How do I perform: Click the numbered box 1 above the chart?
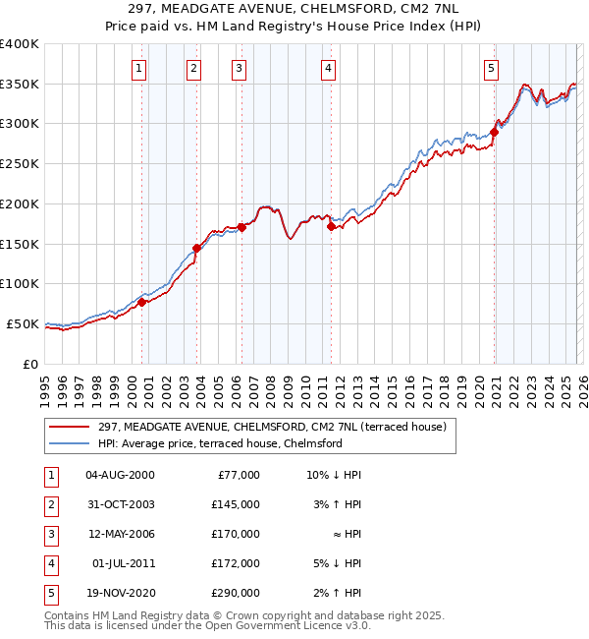pos(139,68)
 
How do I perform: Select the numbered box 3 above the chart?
pos(239,68)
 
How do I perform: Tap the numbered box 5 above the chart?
pos(491,68)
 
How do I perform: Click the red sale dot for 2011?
pos(331,227)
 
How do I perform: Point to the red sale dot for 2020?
pos(494,133)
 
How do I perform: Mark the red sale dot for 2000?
pos(141,302)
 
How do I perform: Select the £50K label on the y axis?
pos(23,323)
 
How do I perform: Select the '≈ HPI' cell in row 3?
pos(344,534)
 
